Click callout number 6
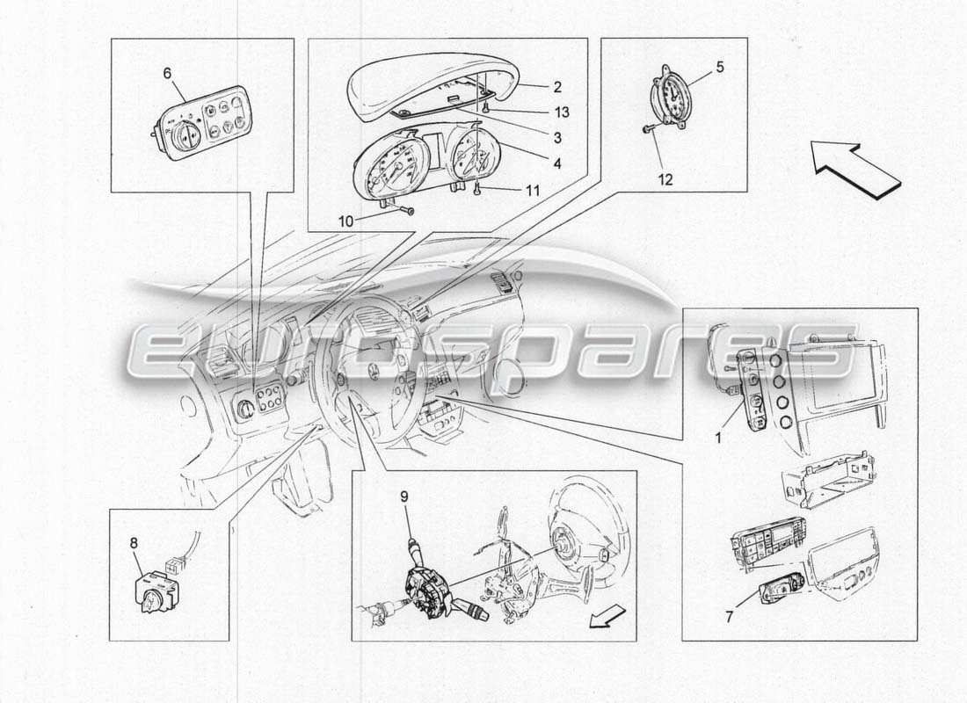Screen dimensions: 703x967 point(167,74)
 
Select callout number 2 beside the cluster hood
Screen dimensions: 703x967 point(557,87)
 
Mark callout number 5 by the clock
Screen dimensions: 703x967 point(719,65)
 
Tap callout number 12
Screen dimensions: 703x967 point(665,180)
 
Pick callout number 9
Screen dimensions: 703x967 point(405,496)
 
